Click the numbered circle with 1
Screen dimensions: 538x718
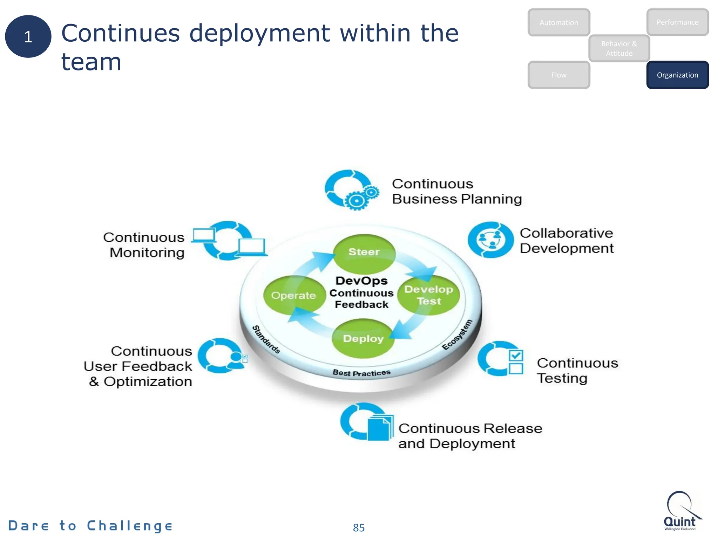tap(28, 36)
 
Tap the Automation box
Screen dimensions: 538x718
tap(558, 22)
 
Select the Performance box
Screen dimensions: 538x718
tap(677, 22)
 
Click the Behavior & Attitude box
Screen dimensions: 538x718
tap(619, 48)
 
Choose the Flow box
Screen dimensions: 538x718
tap(558, 75)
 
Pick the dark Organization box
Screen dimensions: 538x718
tap(677, 75)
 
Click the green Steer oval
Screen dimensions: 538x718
tap(364, 253)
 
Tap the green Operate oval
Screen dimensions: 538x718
tap(294, 295)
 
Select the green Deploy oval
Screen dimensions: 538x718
tap(363, 338)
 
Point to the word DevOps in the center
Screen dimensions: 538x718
tap(361, 281)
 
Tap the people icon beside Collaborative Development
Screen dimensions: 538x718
tap(490, 240)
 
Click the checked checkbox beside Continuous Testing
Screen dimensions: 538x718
tap(516, 356)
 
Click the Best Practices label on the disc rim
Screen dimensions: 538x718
tap(361, 373)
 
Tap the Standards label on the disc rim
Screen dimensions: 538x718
tap(266, 339)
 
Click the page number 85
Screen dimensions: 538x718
tap(359, 527)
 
